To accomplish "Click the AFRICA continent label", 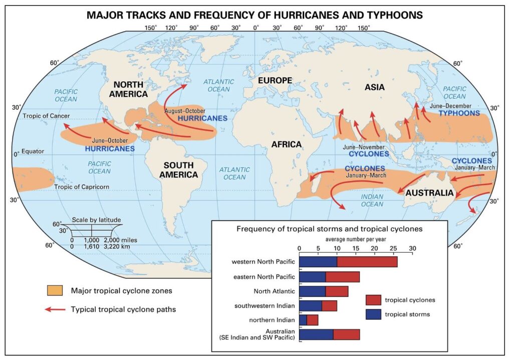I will pyautogui.click(x=287, y=144).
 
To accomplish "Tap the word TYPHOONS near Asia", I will pyautogui.click(x=459, y=113).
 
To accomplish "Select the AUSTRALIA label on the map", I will pyautogui.click(x=429, y=193).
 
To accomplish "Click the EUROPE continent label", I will pyautogui.click(x=274, y=80).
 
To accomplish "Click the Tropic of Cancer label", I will pyautogui.click(x=44, y=116).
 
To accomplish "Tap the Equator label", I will pyautogui.click(x=33, y=151).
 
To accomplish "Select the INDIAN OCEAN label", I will pyautogui.click(x=372, y=200).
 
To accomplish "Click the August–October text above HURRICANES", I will pyautogui.click(x=185, y=110).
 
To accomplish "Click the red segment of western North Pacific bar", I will pyautogui.click(x=367, y=262).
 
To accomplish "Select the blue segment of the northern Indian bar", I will pyautogui.click(x=303, y=319).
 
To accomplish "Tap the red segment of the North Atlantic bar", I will pyautogui.click(x=337, y=291).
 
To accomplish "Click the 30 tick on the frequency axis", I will pyautogui.click(x=412, y=248).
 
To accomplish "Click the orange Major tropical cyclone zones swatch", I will pyautogui.click(x=55, y=291).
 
